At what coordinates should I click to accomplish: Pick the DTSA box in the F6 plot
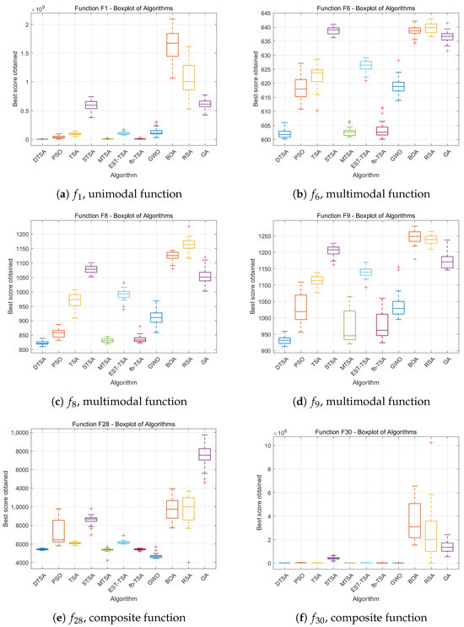(284, 134)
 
